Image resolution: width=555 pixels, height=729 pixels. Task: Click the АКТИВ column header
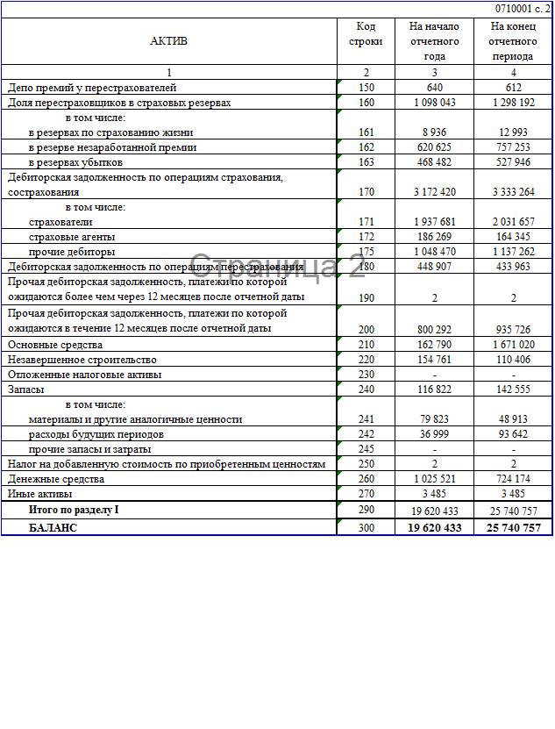(168, 40)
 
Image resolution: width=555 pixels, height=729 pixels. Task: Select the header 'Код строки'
(366, 34)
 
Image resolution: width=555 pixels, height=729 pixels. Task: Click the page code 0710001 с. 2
(523, 8)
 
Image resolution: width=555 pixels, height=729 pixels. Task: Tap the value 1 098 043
(434, 103)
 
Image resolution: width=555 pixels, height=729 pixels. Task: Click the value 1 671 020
(513, 345)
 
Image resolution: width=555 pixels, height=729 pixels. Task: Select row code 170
(366, 191)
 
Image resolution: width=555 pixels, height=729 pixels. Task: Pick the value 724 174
(513, 479)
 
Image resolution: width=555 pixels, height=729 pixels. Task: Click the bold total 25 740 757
(513, 527)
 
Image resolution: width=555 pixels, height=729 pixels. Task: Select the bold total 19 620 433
(434, 527)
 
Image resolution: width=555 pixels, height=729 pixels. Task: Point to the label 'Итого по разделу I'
(74, 510)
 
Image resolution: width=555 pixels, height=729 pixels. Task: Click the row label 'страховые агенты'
(72, 237)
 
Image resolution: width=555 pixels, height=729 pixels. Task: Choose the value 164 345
(513, 237)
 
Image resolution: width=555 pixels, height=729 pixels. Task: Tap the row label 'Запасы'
(26, 389)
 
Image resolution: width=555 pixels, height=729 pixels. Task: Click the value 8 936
(434, 132)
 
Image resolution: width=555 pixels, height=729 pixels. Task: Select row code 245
(366, 449)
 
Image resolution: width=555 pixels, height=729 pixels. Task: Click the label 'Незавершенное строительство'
(82, 360)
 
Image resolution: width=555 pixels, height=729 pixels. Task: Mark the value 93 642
(513, 434)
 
